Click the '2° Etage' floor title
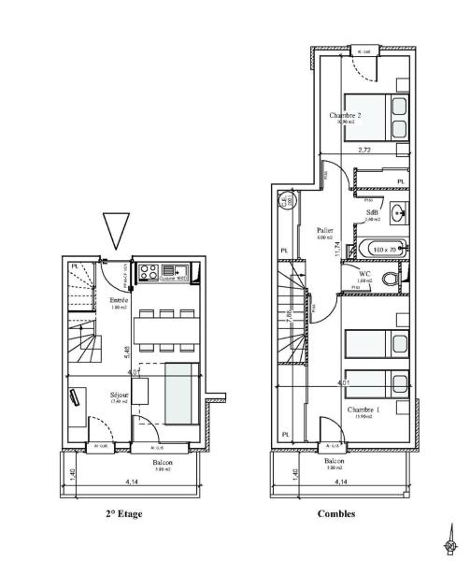tap(123, 513)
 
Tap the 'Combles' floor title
tap(335, 513)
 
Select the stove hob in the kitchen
tap(149, 273)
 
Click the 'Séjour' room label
tap(119, 396)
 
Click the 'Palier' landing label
tap(325, 230)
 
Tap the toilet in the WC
tap(398, 279)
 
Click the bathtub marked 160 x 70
tap(383, 250)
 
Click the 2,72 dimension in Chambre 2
tap(366, 150)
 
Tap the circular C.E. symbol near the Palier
tap(284, 200)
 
